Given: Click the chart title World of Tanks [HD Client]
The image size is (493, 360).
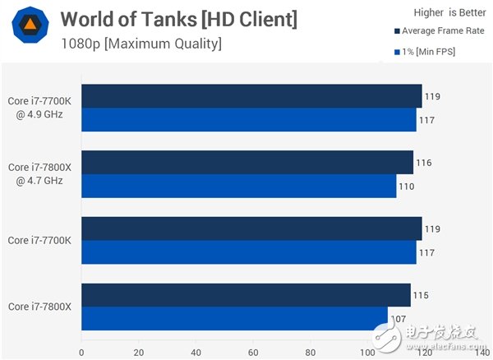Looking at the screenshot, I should click(x=179, y=18).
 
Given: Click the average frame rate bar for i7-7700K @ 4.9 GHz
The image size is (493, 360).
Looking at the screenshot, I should click(x=251, y=96).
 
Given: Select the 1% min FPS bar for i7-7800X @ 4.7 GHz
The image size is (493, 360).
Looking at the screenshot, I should click(x=239, y=187).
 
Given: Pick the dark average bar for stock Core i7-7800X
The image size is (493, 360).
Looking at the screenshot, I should click(x=246, y=295).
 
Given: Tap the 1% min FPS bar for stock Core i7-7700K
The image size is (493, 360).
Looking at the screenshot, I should click(x=249, y=252).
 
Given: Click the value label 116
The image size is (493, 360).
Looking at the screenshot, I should click(x=423, y=163).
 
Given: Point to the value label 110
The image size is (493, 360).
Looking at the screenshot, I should click(x=407, y=187).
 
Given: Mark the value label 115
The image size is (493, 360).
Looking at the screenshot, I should click(x=420, y=295).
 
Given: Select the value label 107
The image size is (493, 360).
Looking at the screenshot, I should click(x=398, y=319).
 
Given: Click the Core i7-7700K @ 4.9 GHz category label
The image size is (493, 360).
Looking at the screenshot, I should click(x=40, y=108).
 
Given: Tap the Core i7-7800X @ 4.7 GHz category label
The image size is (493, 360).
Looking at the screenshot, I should click(x=40, y=174).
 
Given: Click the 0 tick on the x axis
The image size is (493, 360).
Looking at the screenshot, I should click(x=81, y=351).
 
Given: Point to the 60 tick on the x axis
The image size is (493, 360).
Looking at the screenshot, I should click(x=253, y=351).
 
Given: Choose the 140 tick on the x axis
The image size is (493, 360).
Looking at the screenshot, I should click(x=481, y=351).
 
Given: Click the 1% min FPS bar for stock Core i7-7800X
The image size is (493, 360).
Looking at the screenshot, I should click(x=234, y=319).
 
